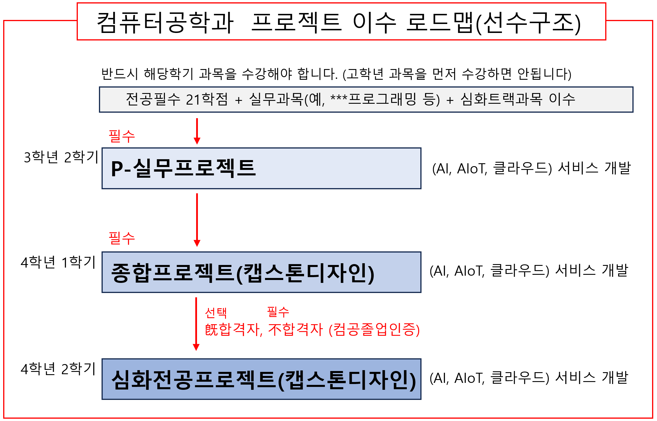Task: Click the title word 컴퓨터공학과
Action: click(x=165, y=23)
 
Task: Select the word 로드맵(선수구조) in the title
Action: click(x=494, y=23)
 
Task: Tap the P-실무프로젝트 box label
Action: click(x=183, y=168)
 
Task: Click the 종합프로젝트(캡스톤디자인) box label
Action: click(x=243, y=273)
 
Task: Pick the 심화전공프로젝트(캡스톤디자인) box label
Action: click(x=264, y=380)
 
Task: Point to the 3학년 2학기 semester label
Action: click(x=61, y=157)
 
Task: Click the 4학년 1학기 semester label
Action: click(x=58, y=262)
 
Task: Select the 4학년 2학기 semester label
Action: click(x=58, y=369)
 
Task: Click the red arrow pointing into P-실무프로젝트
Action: click(x=197, y=131)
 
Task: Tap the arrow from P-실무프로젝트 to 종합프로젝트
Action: click(x=197, y=220)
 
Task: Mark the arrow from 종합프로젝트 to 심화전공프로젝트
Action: click(x=196, y=324)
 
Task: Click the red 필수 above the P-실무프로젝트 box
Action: click(x=122, y=136)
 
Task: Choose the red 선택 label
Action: click(x=216, y=312)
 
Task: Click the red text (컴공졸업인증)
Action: click(x=374, y=330)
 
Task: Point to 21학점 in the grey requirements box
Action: click(x=207, y=99)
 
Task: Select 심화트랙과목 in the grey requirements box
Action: click(x=502, y=99)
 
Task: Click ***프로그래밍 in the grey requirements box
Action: click(x=373, y=99)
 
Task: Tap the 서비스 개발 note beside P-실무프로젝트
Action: click(x=594, y=168)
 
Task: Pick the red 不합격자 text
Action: click(x=295, y=330)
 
